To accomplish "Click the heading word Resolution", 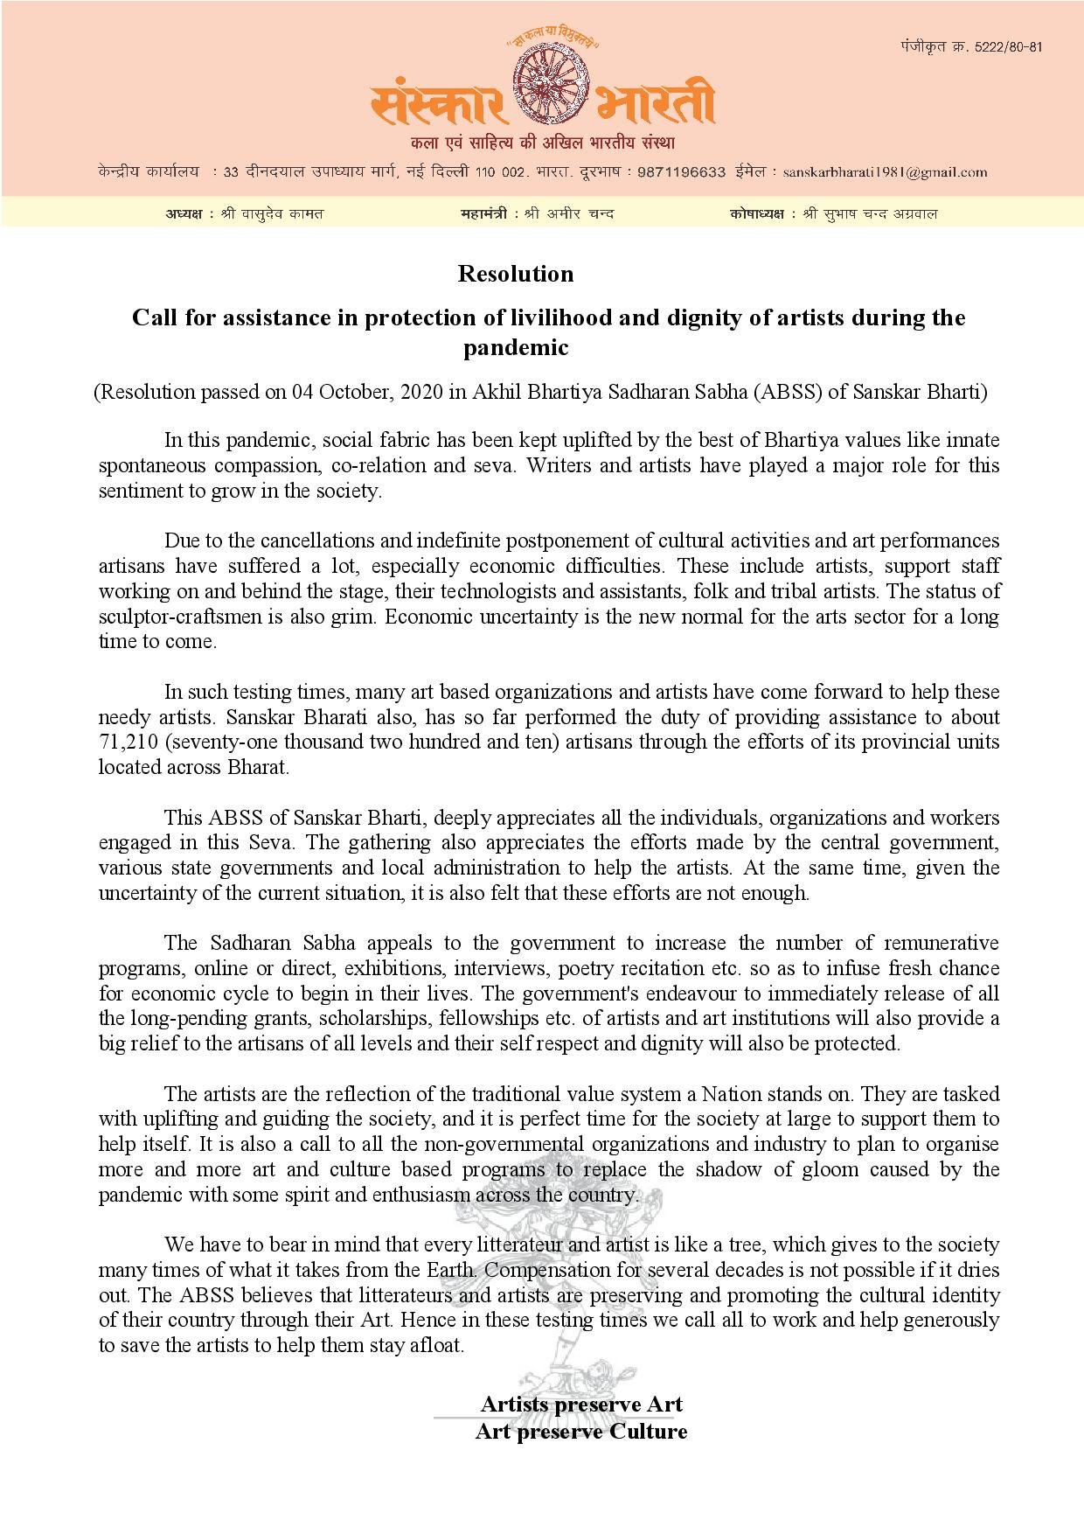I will pos(516,274).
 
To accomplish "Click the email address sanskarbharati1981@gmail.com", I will pos(885,172).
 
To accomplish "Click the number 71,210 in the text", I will pos(128,743).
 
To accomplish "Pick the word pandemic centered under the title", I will pos(516,348).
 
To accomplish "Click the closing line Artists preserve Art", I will pos(581,1405).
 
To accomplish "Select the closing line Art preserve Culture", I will pos(581,1432).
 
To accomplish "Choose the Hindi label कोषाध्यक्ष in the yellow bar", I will pos(756,213).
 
